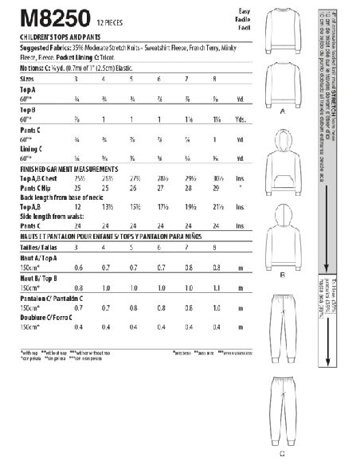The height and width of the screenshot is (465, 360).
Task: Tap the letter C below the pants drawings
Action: pyautogui.click(x=281, y=455)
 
